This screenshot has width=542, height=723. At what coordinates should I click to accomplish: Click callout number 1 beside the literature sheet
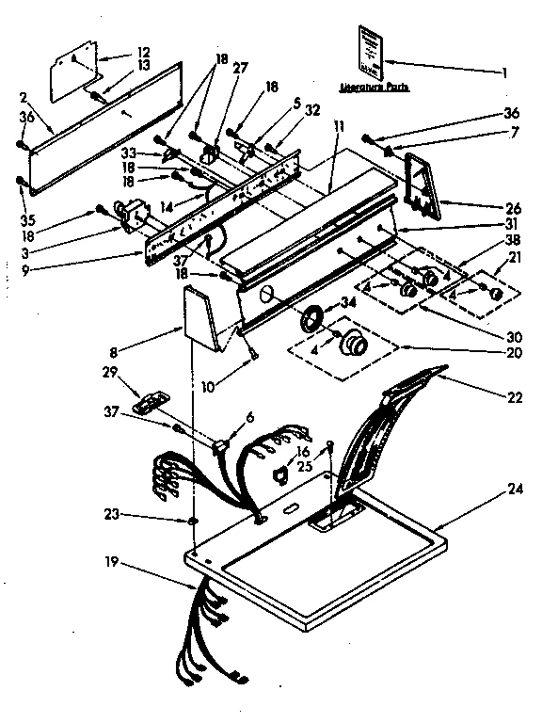(504, 72)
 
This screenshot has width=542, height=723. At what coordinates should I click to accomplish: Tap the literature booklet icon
(373, 53)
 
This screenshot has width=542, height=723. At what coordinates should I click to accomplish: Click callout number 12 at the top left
(143, 52)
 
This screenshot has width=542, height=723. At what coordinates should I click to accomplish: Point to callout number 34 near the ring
(349, 302)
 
